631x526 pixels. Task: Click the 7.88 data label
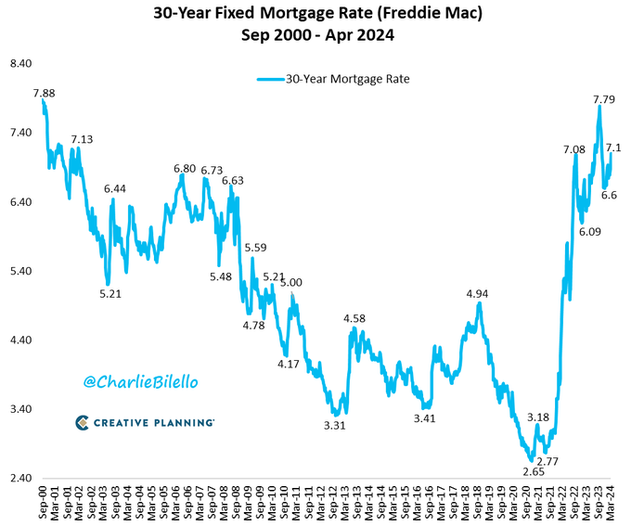(x=45, y=93)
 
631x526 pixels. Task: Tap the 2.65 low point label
(x=533, y=471)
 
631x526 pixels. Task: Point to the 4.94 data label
(x=477, y=293)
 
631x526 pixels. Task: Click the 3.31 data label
(x=335, y=424)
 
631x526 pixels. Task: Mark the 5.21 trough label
(x=111, y=293)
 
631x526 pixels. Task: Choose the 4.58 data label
(x=354, y=318)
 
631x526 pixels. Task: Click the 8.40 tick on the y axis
(x=20, y=63)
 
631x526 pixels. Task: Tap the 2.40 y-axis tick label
(x=20, y=478)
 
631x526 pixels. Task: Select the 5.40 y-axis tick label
(x=20, y=271)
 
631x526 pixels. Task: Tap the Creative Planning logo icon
(x=83, y=423)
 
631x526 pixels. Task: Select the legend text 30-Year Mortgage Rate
(x=347, y=79)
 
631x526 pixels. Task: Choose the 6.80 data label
(x=185, y=169)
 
